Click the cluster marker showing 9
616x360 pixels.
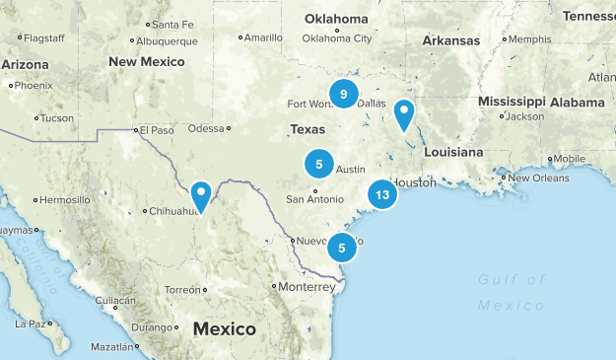(x=344, y=95)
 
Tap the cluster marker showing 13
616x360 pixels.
(x=382, y=195)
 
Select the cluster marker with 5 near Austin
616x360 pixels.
(x=318, y=163)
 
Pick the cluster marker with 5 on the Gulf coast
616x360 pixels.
(x=341, y=248)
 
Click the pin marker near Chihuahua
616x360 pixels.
(x=201, y=195)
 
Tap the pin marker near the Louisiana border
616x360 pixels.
(x=403, y=114)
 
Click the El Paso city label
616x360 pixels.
(x=156, y=129)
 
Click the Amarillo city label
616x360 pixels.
(x=262, y=37)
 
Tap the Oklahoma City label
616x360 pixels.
(x=337, y=37)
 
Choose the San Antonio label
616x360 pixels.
(x=314, y=199)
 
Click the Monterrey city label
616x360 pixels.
(x=306, y=286)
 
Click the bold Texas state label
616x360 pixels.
(x=308, y=129)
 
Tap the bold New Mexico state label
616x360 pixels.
(x=147, y=61)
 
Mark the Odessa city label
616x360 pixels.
(x=206, y=127)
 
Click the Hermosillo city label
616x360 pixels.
(x=64, y=199)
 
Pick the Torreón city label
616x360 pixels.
(x=182, y=290)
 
